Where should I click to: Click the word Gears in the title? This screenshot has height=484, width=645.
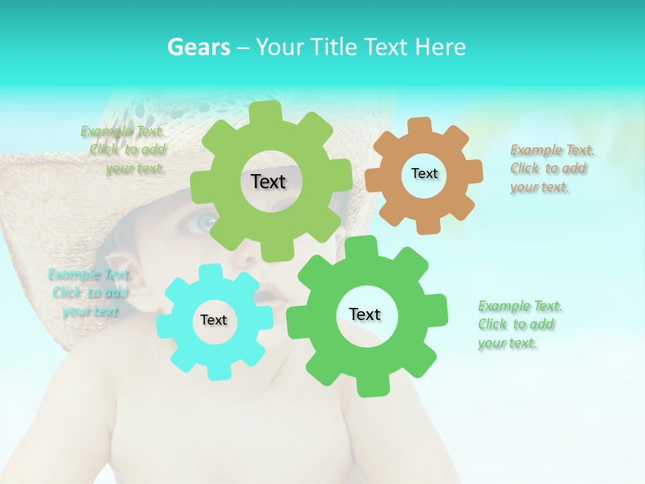pyautogui.click(x=198, y=47)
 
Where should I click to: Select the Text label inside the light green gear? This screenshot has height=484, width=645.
pyautogui.click(x=268, y=182)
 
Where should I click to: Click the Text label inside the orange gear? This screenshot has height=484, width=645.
pyautogui.click(x=424, y=173)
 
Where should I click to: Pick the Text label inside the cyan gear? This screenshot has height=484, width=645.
pyautogui.click(x=214, y=321)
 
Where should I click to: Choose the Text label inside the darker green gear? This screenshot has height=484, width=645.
pyautogui.click(x=365, y=315)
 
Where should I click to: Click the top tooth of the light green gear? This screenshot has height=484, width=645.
pyautogui.click(x=265, y=112)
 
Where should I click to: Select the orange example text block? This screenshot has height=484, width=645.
pyautogui.click(x=552, y=169)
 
